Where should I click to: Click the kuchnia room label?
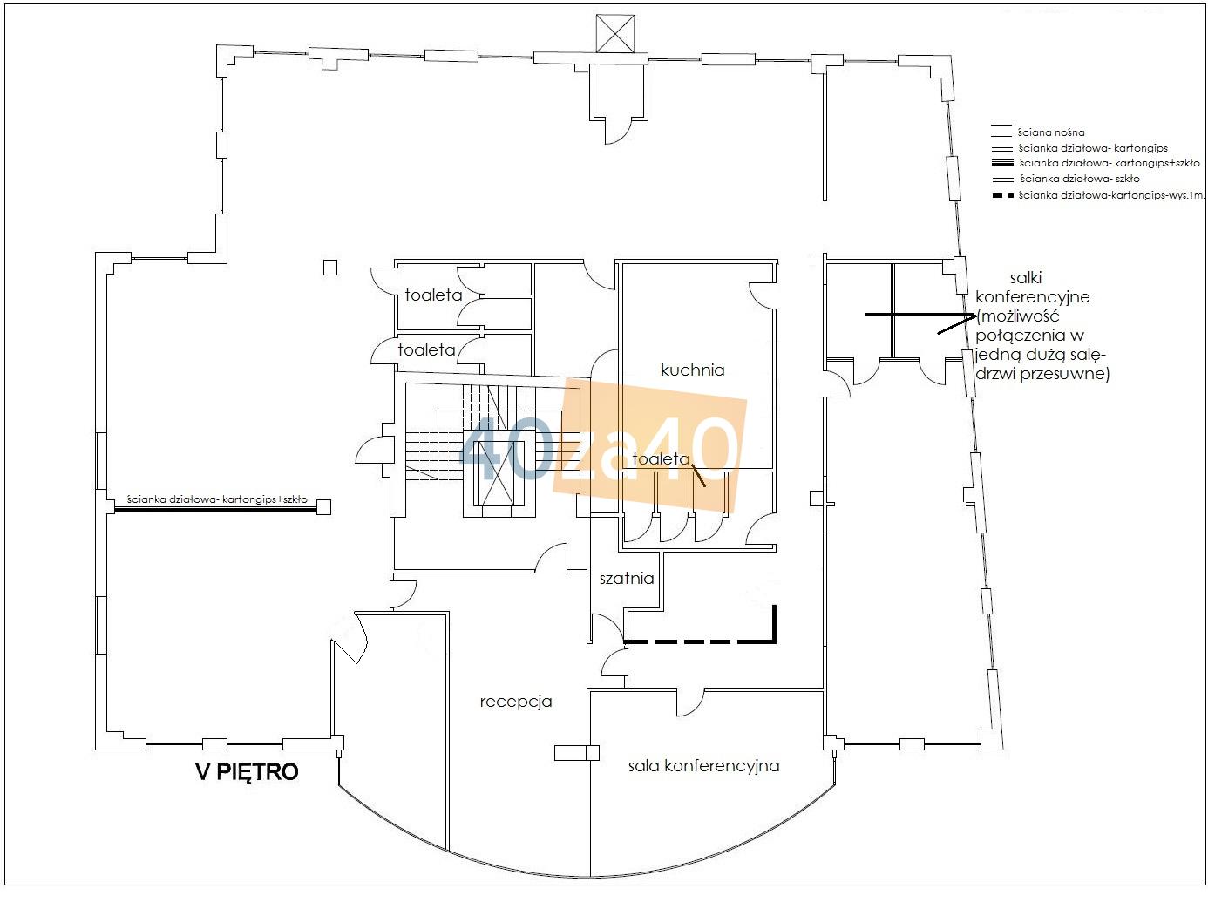coord(692,370)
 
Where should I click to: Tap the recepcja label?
coord(516,702)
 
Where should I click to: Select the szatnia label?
coord(627,578)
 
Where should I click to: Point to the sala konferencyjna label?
coord(703,766)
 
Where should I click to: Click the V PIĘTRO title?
coord(248,771)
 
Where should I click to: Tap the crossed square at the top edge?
coord(615,34)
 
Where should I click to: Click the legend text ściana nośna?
coord(1050,132)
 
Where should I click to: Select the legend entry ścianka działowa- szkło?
coord(1079,179)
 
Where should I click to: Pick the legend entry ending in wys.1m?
coord(1111,194)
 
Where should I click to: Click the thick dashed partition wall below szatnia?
coord(700,641)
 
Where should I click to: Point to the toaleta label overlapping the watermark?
coord(661,458)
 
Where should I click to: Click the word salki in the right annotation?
coord(1026,277)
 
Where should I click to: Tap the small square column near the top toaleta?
coord(329,268)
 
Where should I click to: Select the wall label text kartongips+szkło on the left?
coord(265,499)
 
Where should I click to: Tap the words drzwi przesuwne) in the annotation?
coord(1042,374)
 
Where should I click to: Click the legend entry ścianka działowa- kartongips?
coord(1093,147)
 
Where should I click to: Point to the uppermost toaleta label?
coord(433,295)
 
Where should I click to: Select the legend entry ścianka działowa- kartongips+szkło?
coord(1110,163)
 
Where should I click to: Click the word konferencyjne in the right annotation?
coord(1033,297)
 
